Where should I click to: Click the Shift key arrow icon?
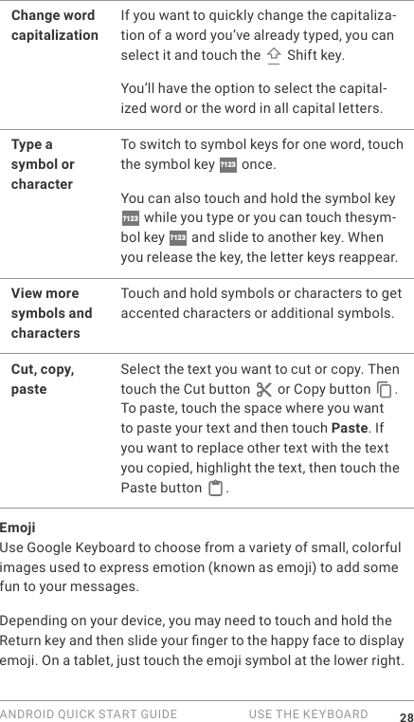coord(274,56)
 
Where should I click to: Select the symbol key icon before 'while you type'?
coord(130,219)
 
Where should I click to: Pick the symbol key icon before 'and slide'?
coord(177,238)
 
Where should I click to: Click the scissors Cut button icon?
coord(263,390)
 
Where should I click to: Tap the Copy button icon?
coord(384,390)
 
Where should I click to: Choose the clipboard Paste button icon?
coord(216,490)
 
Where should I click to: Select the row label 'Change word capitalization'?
coord(54,26)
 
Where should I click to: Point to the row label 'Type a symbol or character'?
coord(43,164)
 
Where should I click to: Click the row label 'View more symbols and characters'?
coord(51,313)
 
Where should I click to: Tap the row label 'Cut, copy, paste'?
coord(43,379)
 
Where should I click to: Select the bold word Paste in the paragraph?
coord(349,428)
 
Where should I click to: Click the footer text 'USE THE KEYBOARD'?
coord(308,714)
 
